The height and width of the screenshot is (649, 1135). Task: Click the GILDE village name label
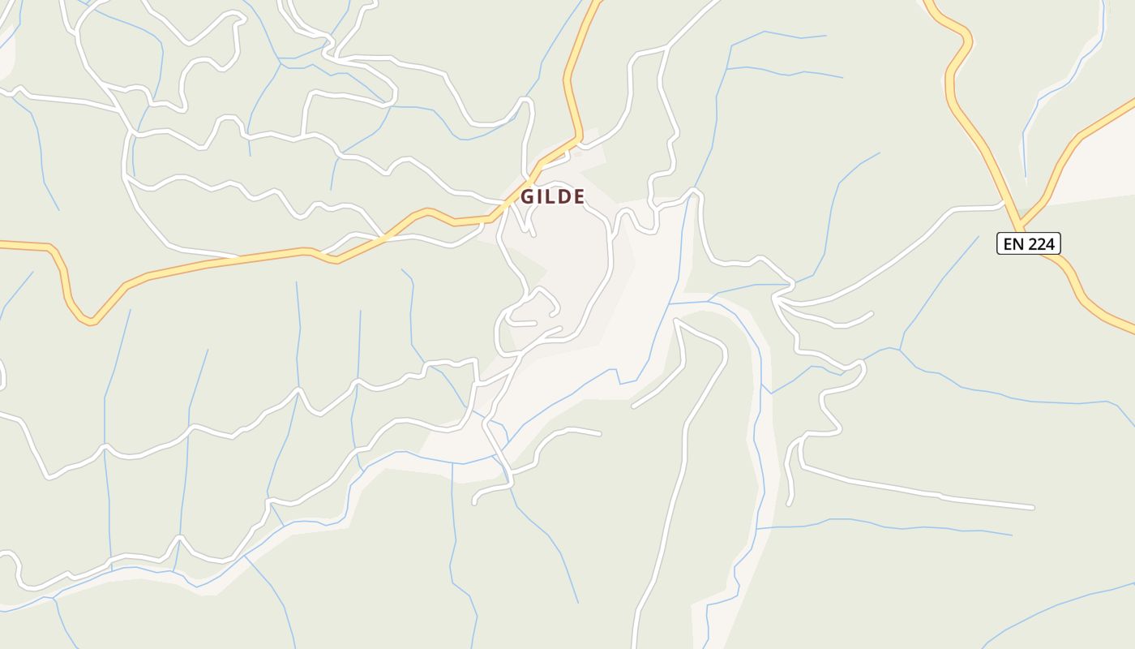click(x=553, y=196)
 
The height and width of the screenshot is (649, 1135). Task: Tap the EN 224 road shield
click(x=1028, y=243)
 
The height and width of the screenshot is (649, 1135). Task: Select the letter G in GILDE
click(x=527, y=196)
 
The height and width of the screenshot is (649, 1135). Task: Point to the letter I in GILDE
click(x=541, y=196)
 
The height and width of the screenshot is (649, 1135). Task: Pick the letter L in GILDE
click(x=551, y=196)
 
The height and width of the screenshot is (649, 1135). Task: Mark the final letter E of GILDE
click(x=579, y=196)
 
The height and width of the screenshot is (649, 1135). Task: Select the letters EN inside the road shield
click(x=1014, y=243)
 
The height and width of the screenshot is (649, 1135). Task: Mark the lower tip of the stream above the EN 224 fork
click(x=1026, y=175)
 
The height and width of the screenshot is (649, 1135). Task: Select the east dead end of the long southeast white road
click(x=1033, y=508)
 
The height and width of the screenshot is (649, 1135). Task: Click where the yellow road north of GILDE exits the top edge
click(x=598, y=2)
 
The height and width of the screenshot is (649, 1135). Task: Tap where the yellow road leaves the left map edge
click(x=2, y=243)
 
